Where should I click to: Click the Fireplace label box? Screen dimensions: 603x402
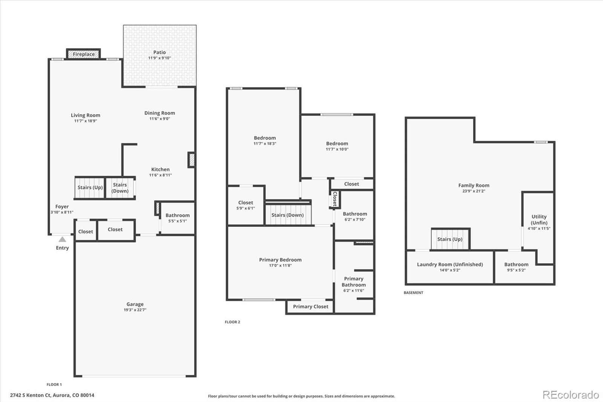click(83, 54)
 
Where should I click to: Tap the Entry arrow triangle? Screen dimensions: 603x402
click(63, 239)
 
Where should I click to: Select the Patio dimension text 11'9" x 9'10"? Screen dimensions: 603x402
click(160, 58)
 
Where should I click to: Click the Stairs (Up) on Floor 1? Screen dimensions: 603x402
click(90, 187)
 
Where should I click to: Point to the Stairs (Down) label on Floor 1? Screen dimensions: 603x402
click(120, 188)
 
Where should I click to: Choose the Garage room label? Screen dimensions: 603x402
click(135, 304)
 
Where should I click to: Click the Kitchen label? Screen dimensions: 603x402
click(161, 169)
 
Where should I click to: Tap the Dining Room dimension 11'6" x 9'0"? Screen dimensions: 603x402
click(160, 118)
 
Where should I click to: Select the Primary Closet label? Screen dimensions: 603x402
click(311, 307)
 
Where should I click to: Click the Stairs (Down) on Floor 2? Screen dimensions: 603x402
click(288, 215)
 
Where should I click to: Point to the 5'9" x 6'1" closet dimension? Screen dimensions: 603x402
click(245, 208)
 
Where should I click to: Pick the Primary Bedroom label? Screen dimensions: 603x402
click(280, 260)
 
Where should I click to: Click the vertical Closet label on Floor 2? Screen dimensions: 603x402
click(335, 199)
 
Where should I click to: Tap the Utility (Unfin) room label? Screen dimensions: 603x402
click(539, 219)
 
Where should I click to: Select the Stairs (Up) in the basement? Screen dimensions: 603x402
click(450, 239)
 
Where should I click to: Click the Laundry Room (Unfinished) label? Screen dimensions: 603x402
click(450, 264)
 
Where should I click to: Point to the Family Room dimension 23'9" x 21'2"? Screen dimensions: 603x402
click(474, 191)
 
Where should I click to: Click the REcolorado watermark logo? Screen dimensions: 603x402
click(571, 395)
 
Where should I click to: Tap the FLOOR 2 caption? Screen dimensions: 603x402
click(232, 322)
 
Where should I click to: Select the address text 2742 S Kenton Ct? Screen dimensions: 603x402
click(31, 395)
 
